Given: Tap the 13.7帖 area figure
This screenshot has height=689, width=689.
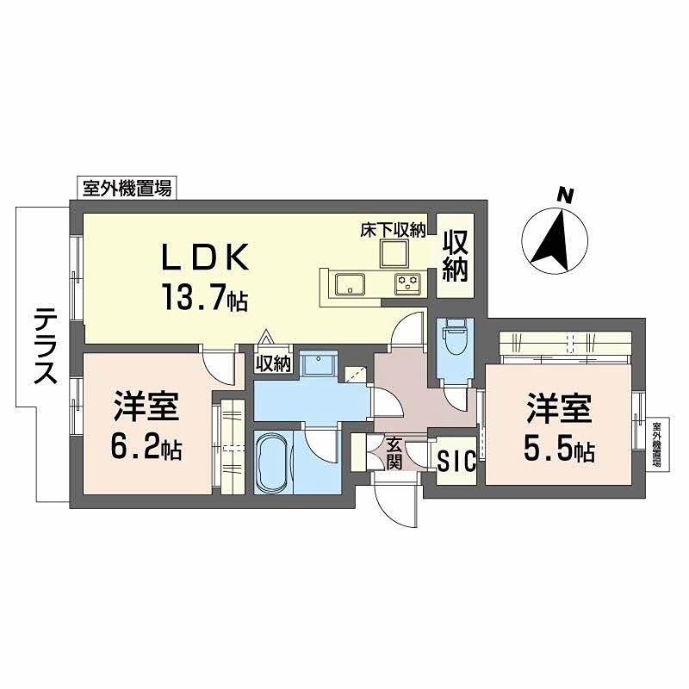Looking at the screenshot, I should [203, 297].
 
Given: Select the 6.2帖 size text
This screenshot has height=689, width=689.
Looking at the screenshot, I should [147, 449].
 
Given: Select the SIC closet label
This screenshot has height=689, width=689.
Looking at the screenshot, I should [456, 462].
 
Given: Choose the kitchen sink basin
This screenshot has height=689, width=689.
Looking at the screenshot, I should [350, 283].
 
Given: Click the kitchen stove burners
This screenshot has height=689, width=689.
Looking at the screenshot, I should [407, 282].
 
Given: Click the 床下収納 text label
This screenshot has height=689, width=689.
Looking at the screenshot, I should [394, 230].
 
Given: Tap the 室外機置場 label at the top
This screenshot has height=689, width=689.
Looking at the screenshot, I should [127, 188].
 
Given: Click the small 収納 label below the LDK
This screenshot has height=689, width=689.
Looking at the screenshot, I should [274, 364].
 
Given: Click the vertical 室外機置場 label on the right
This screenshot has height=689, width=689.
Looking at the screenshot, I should [656, 444].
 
